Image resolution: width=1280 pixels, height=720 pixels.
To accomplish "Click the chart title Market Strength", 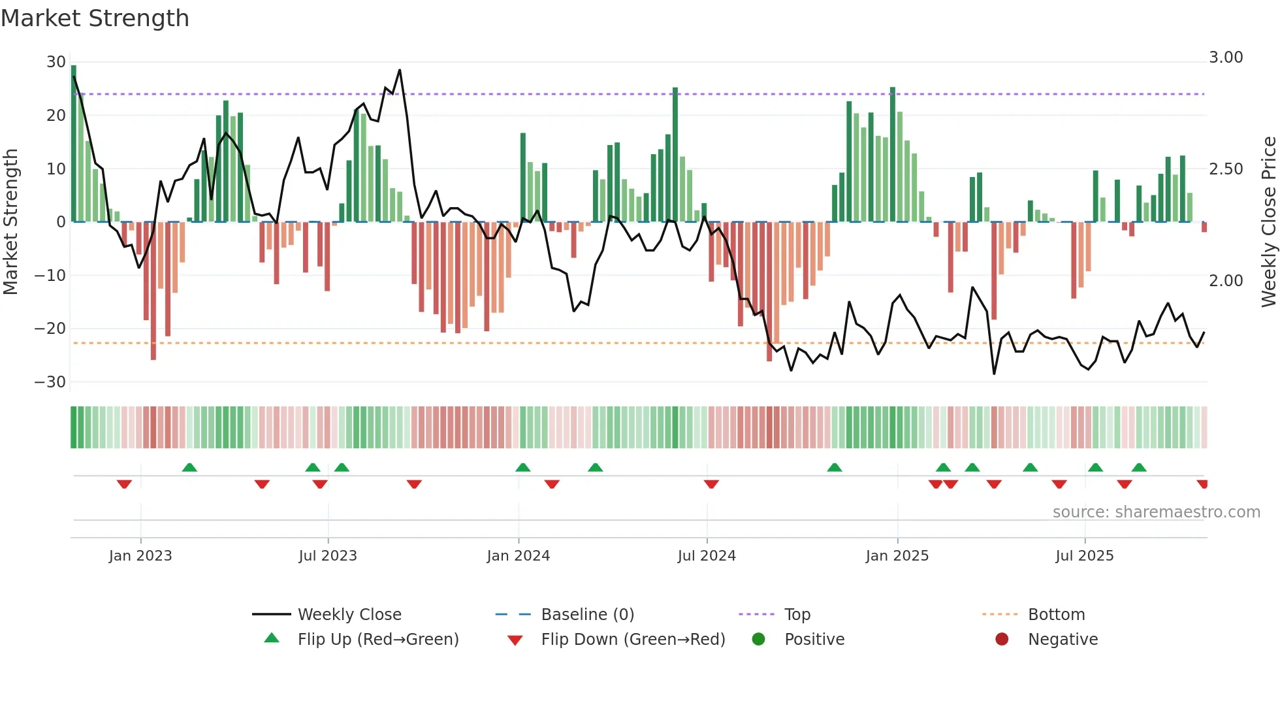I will tap(95, 18).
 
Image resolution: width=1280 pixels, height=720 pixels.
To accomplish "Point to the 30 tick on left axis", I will tap(56, 62).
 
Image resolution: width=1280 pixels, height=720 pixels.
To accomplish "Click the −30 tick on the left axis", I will tap(50, 382).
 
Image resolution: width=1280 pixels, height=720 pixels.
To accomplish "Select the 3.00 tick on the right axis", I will tap(1226, 57).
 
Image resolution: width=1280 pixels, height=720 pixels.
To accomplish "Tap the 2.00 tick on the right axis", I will tap(1226, 281).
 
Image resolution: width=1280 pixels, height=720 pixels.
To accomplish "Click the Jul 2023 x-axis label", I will tap(328, 556).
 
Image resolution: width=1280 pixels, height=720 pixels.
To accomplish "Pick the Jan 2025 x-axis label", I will tap(897, 556).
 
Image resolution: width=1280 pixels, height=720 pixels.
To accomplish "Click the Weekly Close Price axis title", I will tap(1268, 222).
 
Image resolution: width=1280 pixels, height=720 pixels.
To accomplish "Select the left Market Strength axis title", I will tap(11, 222).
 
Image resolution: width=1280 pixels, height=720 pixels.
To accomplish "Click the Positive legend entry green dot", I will tap(758, 640).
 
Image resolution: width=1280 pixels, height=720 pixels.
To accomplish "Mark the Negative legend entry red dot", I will tap(1002, 640).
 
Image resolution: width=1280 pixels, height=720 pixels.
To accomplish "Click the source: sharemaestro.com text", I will tap(1156, 512).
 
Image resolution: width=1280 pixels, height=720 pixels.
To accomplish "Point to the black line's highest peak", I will tap(400, 70).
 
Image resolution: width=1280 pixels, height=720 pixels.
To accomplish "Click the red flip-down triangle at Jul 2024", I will tap(711, 484).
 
